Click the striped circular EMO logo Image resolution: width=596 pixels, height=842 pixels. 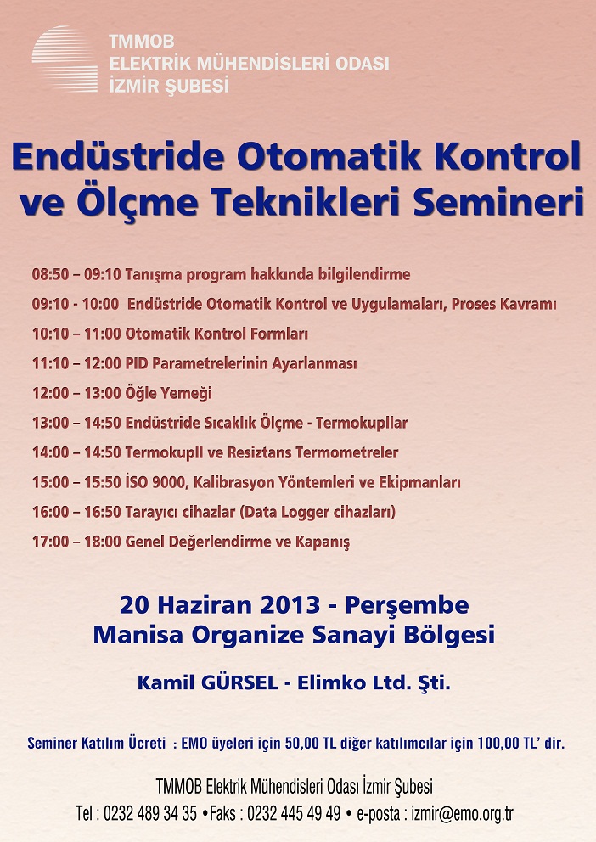tap(65, 59)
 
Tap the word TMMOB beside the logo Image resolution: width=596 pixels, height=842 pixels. tap(142, 42)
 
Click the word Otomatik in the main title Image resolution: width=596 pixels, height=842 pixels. tap(329, 155)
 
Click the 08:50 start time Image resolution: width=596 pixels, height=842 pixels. tap(50, 274)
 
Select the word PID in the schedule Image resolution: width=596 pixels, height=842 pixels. tap(137, 363)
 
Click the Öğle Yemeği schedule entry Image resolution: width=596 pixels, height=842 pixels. tap(169, 393)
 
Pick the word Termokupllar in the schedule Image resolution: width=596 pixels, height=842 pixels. tap(362, 423)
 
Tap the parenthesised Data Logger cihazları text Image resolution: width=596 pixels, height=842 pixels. tap(318, 512)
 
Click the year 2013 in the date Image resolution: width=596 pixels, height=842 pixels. tap(290, 605)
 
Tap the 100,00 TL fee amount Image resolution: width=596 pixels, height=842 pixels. tap(502, 744)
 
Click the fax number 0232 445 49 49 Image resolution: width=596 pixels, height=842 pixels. tap(294, 813)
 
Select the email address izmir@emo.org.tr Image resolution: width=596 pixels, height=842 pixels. tap(463, 814)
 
